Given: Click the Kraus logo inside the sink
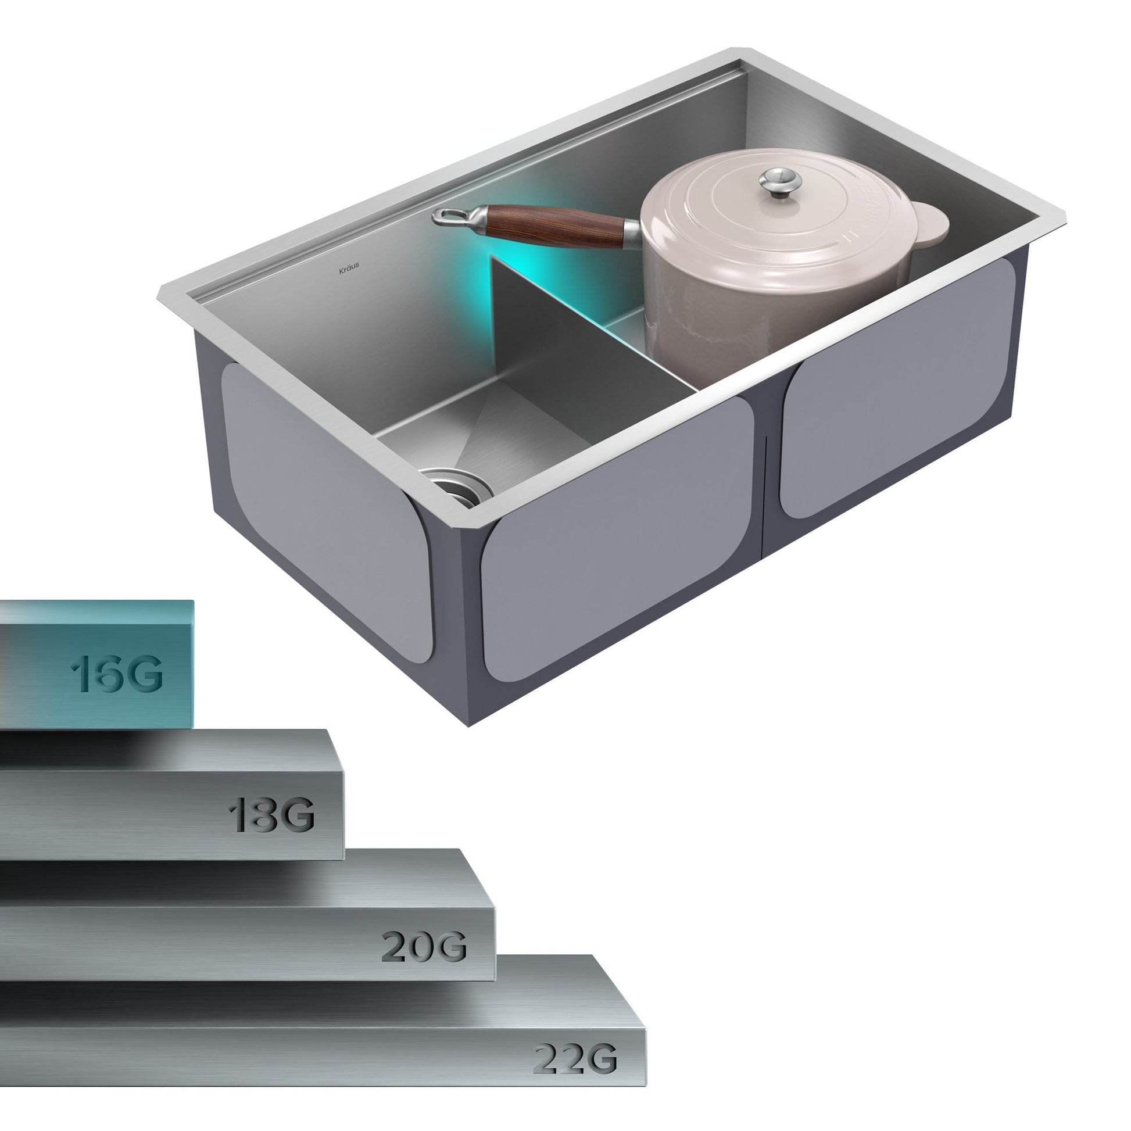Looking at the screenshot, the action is pyautogui.click(x=349, y=269).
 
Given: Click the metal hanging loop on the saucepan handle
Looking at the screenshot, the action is pyautogui.click(x=452, y=217).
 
